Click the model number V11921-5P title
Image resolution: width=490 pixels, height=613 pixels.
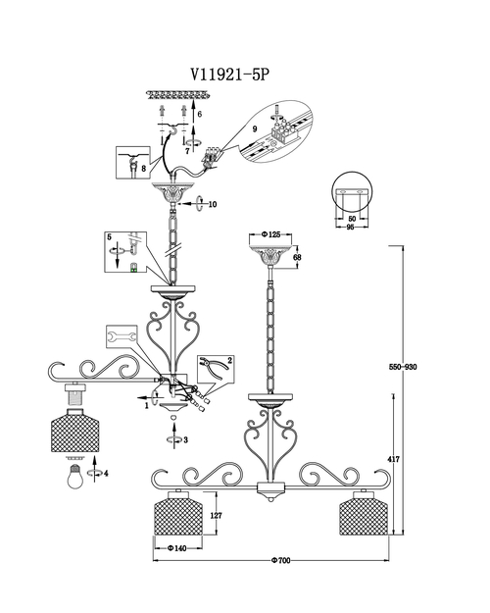(230, 74)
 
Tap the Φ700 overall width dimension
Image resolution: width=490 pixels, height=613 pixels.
(281, 561)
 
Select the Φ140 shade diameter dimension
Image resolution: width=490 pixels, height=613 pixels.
(177, 548)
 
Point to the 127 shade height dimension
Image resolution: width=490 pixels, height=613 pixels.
(216, 515)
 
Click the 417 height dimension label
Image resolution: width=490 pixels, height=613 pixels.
(394, 459)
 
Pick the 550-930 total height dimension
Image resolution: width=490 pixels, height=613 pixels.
(403, 367)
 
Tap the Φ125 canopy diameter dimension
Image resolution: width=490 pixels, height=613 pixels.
(270, 234)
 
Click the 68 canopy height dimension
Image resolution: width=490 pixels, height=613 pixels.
(297, 257)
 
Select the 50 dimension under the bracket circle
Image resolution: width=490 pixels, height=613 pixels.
(352, 219)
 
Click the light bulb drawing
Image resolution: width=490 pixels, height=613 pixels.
(75, 476)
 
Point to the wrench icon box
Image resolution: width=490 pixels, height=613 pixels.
(122, 336)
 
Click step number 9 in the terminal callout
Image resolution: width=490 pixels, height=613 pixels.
(255, 128)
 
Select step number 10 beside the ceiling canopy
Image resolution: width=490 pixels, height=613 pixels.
(213, 204)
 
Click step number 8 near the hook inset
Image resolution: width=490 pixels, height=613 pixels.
(144, 169)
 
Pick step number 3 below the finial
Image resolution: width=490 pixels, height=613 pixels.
(185, 440)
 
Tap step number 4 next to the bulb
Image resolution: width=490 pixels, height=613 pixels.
(106, 474)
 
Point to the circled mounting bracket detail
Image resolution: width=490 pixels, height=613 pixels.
(352, 191)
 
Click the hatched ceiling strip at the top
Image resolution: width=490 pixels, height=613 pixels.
(178, 94)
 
